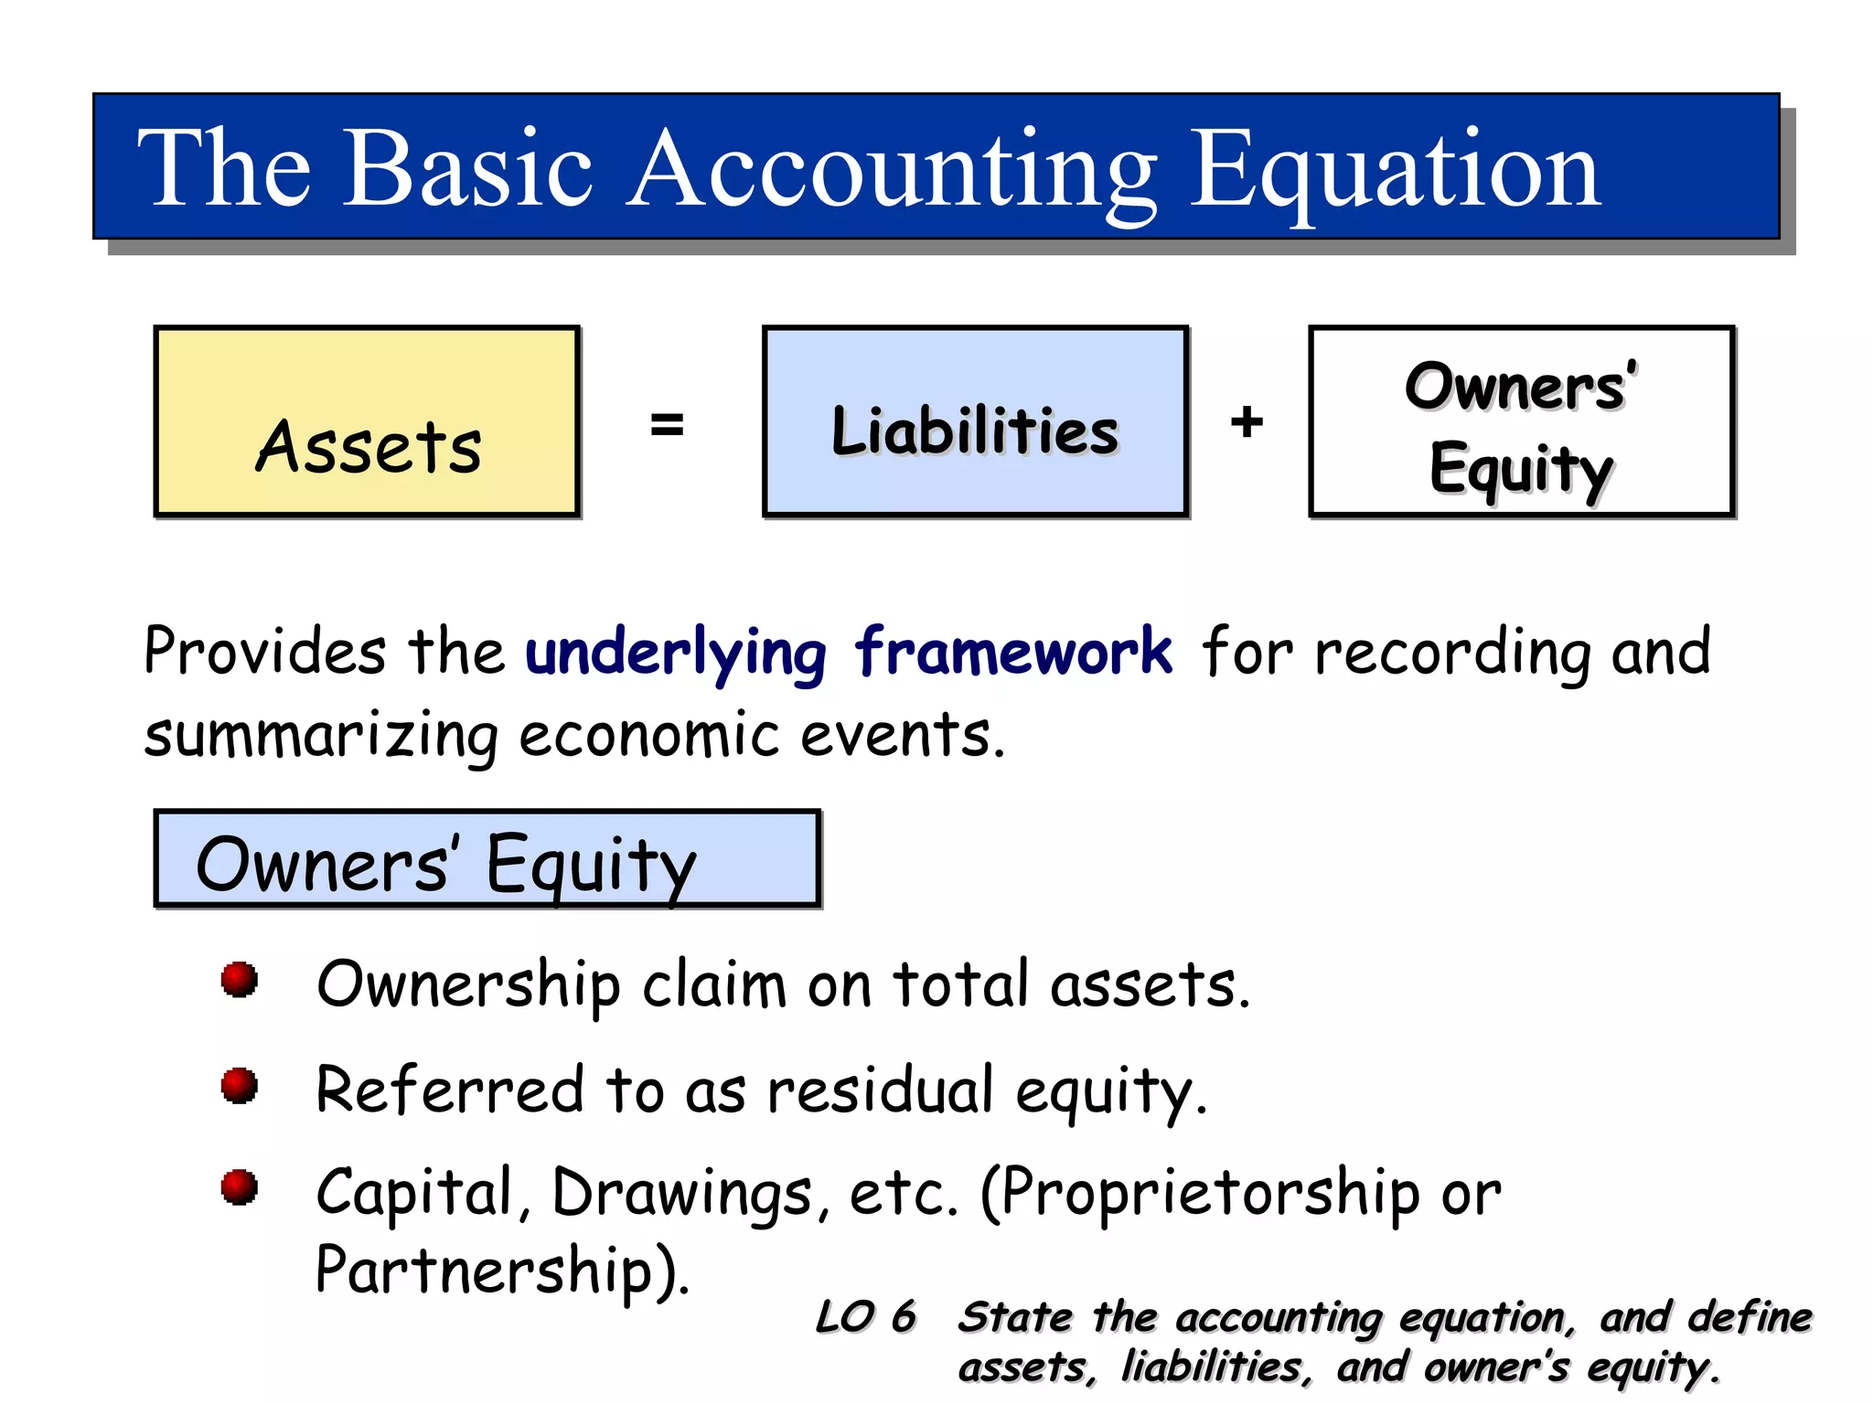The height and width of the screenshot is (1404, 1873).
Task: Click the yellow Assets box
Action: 367,422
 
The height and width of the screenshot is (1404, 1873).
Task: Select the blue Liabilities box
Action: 975,422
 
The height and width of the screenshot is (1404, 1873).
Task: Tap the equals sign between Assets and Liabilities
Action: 667,424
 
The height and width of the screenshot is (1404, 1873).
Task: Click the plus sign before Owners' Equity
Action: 1247,422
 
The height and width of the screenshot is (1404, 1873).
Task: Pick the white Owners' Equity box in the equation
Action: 1522,422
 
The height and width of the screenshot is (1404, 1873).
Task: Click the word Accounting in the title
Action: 893,170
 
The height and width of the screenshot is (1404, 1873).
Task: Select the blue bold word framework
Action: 1012,652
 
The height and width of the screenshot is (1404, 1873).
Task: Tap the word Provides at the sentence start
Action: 265,652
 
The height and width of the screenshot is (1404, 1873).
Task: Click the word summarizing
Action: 321,736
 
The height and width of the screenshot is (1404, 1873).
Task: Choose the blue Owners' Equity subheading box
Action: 487,859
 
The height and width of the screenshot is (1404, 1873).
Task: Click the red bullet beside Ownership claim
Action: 240,979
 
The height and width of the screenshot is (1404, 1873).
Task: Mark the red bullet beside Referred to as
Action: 240,1085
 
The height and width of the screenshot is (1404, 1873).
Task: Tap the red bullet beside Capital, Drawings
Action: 240,1187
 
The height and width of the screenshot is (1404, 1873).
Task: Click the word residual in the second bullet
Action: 880,1090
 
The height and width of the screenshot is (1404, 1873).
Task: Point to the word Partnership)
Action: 501,1271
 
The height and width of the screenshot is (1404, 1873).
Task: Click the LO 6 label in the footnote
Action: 864,1317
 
